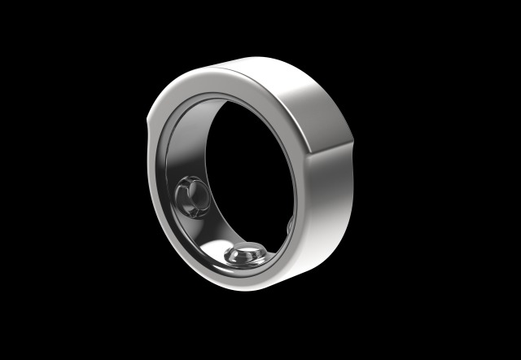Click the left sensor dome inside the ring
click(x=190, y=198)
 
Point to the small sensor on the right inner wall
click(x=289, y=225)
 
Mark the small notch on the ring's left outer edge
click(x=149, y=125)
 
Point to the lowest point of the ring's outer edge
click(x=244, y=292)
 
